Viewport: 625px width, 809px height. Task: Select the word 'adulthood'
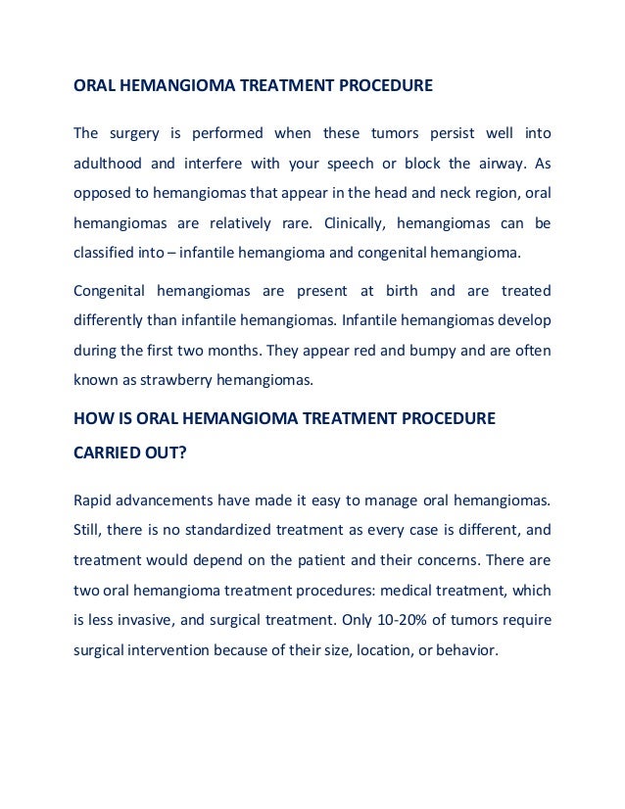point(108,163)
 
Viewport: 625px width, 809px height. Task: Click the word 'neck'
point(422,192)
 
